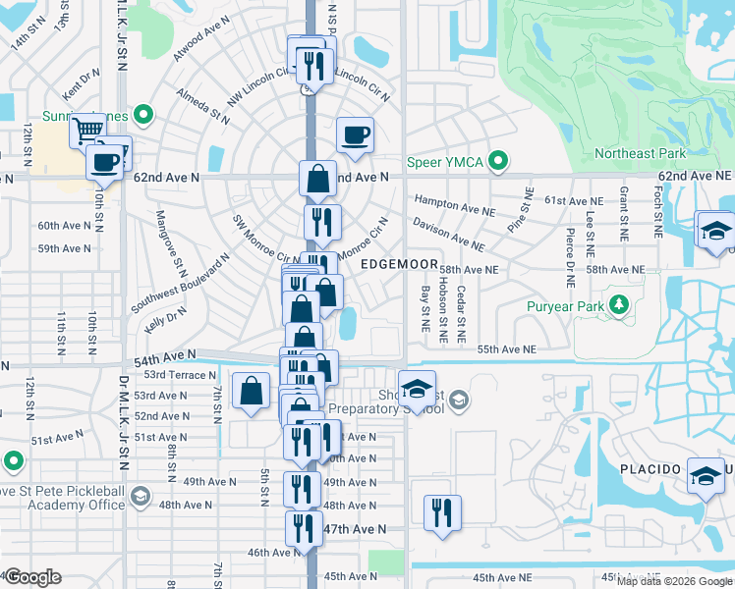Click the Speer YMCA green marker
pos(498,161)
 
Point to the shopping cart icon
pos(88,129)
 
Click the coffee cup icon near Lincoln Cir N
pos(355,134)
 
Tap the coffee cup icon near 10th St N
pos(104,162)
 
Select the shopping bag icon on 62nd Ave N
pos(318,179)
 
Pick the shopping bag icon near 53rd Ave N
pos(252,390)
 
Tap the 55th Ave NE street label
pos(506,349)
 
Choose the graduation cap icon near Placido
pos(706,477)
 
